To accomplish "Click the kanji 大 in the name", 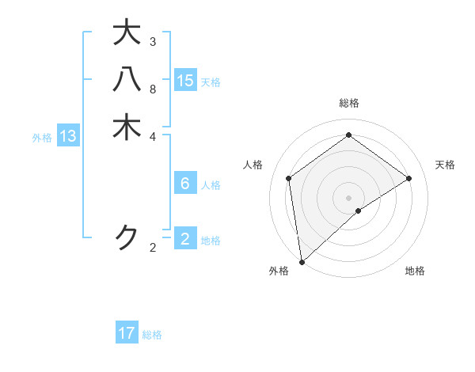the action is tap(127, 32).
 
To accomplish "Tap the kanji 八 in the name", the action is tap(127, 80).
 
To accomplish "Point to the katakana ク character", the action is tap(127, 237).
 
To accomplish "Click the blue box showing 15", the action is tap(185, 80).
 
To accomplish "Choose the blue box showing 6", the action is tap(185, 184).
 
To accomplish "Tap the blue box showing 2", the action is tap(185, 238).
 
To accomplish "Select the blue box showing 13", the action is tap(68, 136).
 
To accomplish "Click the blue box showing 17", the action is tap(127, 333).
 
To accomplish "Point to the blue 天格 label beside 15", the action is tap(211, 82).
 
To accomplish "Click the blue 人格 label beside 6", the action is tap(211, 185).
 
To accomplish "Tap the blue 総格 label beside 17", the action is tap(152, 335).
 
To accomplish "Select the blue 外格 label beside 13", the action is tap(42, 138).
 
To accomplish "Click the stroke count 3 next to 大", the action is tap(153, 41).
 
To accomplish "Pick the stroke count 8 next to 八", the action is tap(153, 89).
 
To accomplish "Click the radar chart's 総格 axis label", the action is tap(348, 103).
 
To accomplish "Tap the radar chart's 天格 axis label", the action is tap(445, 165).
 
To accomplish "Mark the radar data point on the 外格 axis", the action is tap(302, 261).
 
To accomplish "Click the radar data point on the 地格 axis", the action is tap(359, 211).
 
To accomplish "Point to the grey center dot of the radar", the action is tap(348, 196).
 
